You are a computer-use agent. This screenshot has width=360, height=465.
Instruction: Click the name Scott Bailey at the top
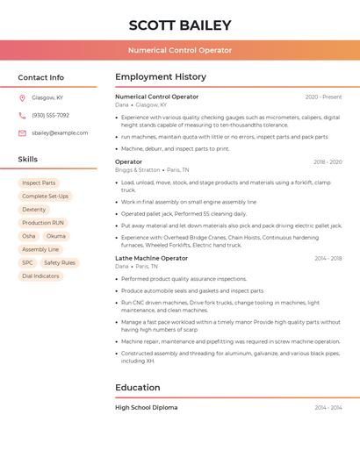[x=180, y=25]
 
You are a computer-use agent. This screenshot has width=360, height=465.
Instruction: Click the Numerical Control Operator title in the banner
[x=180, y=50]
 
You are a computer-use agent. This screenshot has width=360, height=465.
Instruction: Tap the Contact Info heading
[x=40, y=77]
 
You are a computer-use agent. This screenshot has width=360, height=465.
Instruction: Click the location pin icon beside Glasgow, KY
[x=22, y=97]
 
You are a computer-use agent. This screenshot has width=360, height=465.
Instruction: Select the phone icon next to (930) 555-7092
[x=22, y=115]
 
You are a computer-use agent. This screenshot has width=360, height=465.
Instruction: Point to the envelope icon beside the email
[x=22, y=132]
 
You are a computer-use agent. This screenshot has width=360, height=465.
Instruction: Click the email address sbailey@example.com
[x=60, y=132]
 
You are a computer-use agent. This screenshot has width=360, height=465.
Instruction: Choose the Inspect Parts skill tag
[x=39, y=182]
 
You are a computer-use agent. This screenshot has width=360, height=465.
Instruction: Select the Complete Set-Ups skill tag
[x=45, y=196]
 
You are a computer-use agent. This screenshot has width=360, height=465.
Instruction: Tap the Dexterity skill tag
[x=34, y=210]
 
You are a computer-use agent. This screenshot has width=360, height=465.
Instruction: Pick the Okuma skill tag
[x=55, y=236]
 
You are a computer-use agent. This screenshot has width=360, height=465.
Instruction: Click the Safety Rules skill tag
[x=60, y=262]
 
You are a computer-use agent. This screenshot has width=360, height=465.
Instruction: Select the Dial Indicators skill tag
[x=40, y=275]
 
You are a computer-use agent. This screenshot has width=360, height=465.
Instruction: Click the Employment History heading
[x=161, y=77]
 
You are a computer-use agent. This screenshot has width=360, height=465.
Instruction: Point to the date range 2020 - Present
[x=323, y=97]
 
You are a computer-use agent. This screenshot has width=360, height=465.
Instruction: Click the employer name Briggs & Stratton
[x=138, y=169]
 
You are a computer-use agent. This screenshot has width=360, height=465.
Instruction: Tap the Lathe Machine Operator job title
[x=151, y=258]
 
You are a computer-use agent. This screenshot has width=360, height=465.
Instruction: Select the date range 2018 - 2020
[x=328, y=161]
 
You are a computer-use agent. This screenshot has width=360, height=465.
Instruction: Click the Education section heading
[x=138, y=387]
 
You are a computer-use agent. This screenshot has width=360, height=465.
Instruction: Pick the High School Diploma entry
[x=146, y=407]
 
